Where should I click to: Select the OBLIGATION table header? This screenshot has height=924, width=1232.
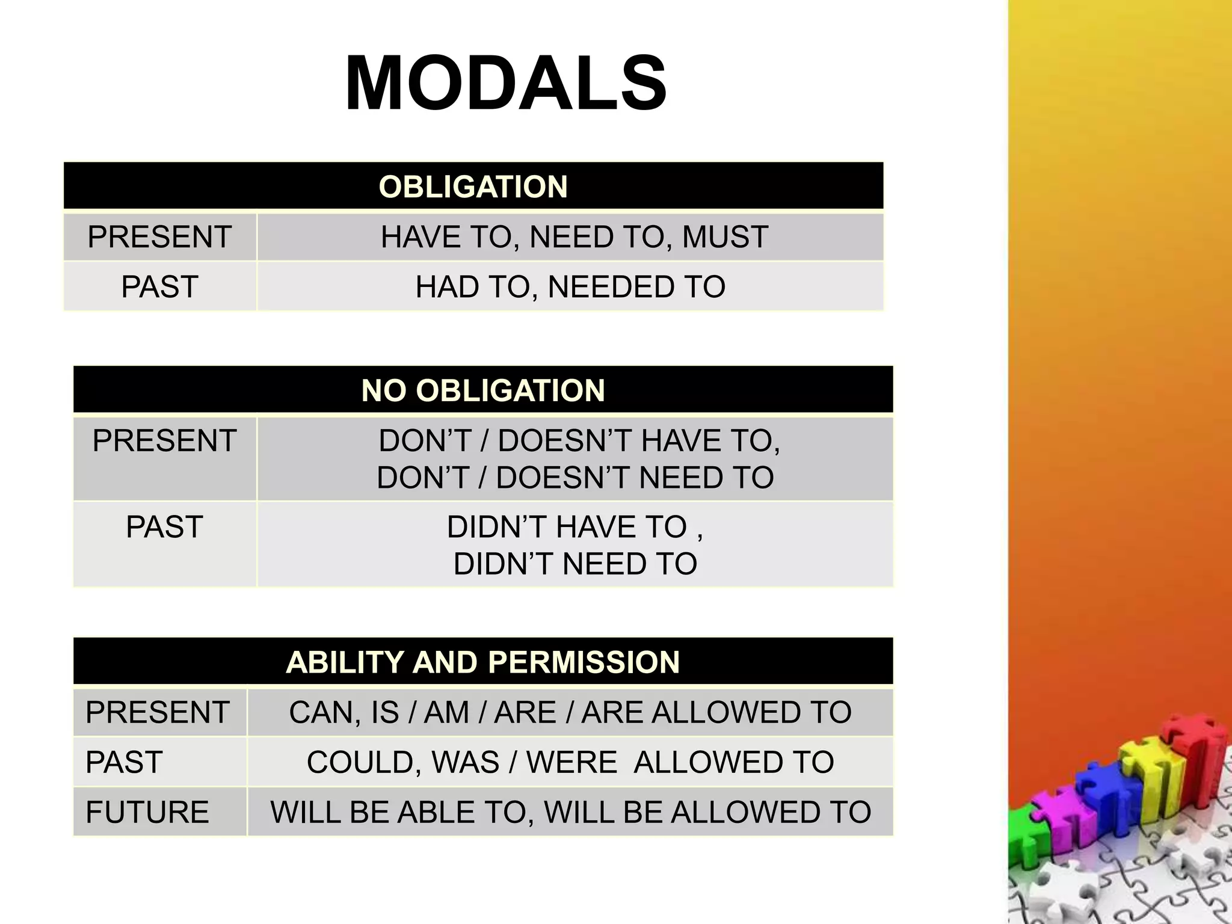click(x=473, y=186)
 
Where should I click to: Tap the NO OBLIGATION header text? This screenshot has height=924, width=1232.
click(x=482, y=390)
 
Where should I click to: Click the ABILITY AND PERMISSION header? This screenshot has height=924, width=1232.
click(x=482, y=662)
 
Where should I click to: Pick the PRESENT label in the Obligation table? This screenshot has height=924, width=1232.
click(x=159, y=236)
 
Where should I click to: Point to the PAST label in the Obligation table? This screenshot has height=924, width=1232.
click(x=159, y=286)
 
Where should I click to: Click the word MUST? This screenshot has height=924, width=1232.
click(x=725, y=236)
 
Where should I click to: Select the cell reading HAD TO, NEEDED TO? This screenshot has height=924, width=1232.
click(x=570, y=286)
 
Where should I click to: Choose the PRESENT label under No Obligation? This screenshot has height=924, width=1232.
click(x=164, y=440)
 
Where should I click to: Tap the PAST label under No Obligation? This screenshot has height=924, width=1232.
click(x=164, y=527)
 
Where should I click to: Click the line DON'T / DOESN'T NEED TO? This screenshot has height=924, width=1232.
click(x=575, y=478)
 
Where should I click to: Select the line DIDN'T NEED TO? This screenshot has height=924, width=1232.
click(x=575, y=564)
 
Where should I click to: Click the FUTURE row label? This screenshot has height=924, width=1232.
click(x=147, y=812)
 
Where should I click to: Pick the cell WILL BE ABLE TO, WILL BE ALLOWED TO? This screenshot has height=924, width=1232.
click(x=570, y=812)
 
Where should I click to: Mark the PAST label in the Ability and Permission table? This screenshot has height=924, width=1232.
click(x=125, y=762)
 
